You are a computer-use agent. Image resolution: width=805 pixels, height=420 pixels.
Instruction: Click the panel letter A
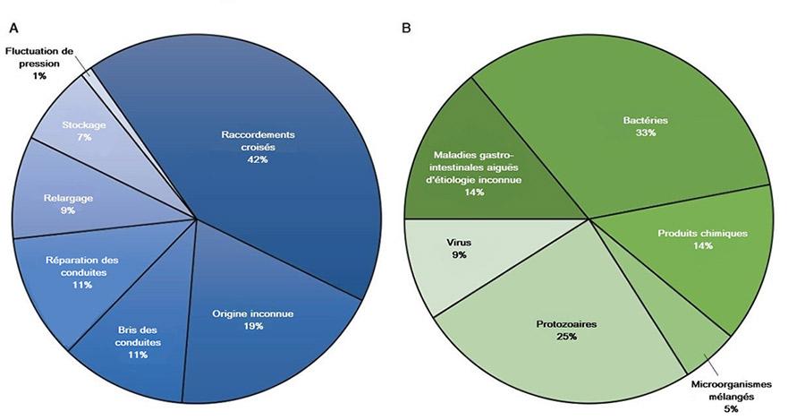coord(13,28)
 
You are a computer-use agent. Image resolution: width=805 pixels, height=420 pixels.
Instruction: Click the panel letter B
coord(407,28)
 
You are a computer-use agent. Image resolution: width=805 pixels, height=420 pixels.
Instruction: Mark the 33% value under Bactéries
coord(647,132)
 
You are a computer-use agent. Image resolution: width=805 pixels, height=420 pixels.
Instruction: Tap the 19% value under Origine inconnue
coord(253,326)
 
